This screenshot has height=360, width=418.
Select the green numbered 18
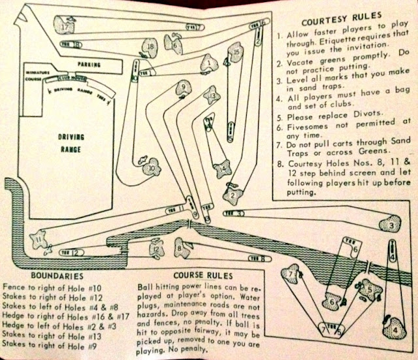pyautogui.click(x=151, y=47)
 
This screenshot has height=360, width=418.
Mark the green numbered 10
pyautogui.click(x=152, y=168)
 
